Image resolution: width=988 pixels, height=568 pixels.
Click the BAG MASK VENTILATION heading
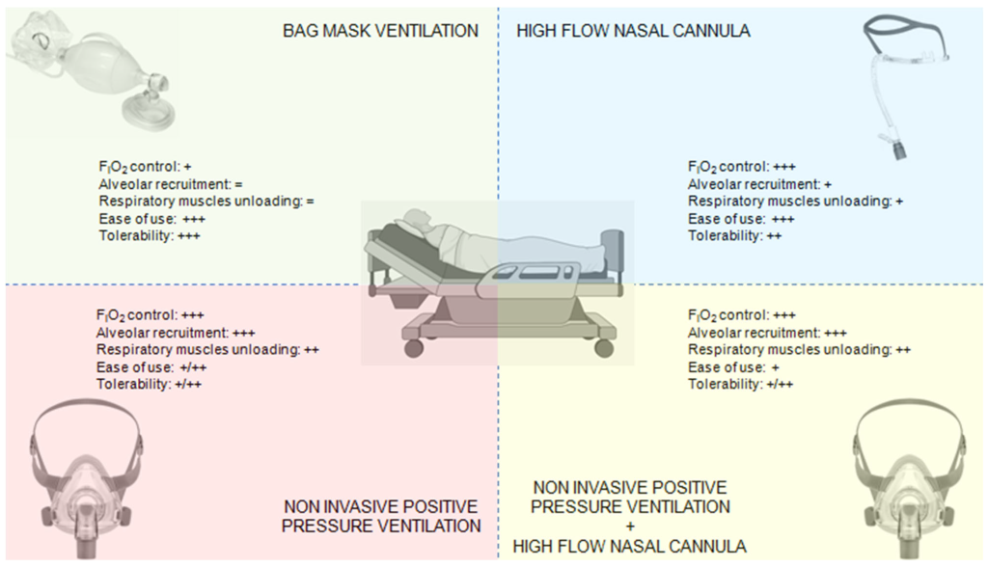380,31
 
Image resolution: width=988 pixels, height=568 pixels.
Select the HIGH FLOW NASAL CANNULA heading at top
633,31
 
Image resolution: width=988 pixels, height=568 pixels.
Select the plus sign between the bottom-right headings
631,526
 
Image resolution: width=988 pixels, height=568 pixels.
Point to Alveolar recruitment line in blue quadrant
747,183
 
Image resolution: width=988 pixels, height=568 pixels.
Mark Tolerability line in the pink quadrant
151,385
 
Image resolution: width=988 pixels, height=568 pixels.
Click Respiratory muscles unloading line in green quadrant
207,201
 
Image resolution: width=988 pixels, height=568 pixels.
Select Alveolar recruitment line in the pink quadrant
175,333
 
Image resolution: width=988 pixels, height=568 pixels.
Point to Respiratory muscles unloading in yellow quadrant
798,350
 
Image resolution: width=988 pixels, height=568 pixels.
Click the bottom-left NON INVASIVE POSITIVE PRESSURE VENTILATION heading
382,516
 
